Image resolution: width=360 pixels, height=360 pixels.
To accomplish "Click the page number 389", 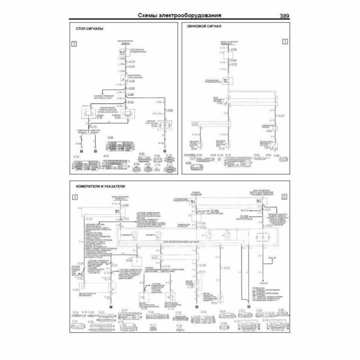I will (x=284, y=16).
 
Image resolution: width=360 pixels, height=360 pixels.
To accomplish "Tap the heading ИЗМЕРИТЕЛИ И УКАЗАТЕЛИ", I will (x=99, y=185).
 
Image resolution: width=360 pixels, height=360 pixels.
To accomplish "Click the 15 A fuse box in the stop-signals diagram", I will (x=122, y=54).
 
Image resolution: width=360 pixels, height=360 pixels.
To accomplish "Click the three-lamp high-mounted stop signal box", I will (x=165, y=125).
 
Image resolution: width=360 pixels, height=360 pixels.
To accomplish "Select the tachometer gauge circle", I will (x=159, y=234).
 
